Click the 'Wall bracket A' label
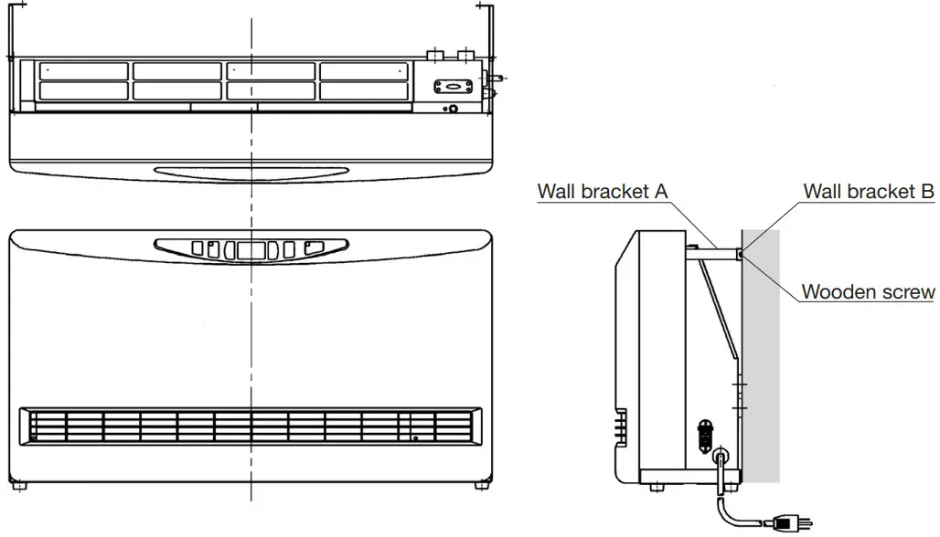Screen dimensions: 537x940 (x=603, y=192)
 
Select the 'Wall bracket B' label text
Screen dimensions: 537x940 (x=868, y=192)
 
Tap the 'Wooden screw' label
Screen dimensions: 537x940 (x=868, y=292)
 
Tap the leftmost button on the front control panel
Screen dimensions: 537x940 (x=195, y=248)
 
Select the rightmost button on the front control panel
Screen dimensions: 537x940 (x=313, y=247)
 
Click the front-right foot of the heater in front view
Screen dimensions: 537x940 (x=478, y=487)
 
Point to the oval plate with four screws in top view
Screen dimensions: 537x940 (x=453, y=86)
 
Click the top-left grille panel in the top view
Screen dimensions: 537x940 (x=84, y=71)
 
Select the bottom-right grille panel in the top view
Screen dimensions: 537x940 (x=365, y=90)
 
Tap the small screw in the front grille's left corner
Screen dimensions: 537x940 (x=34, y=438)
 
